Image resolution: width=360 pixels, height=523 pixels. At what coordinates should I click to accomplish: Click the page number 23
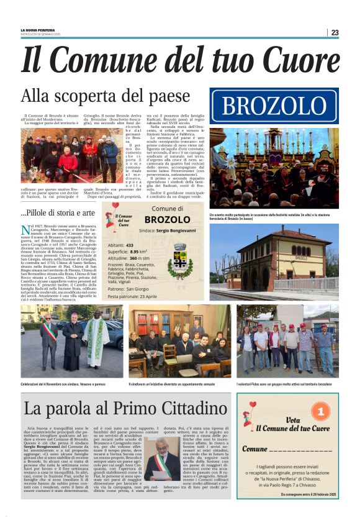(x=335, y=32)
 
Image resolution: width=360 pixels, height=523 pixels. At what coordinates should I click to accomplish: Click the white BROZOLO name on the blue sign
(x=274, y=106)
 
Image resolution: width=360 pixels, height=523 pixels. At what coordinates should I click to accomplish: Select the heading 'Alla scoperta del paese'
(x=105, y=97)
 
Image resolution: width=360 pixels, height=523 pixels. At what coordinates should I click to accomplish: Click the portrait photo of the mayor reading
(x=163, y=458)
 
